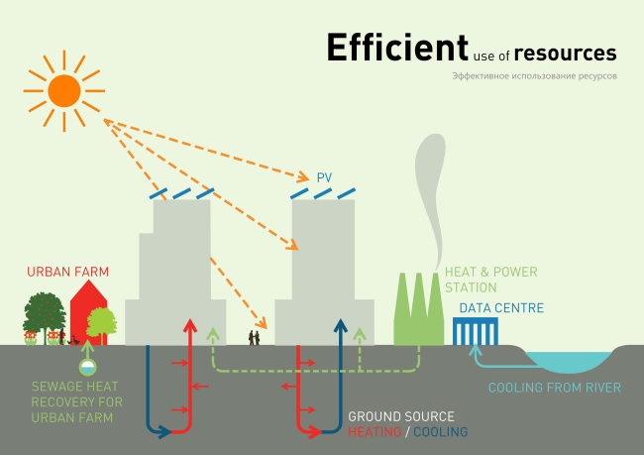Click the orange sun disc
click(64, 90)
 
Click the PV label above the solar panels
click(324, 178)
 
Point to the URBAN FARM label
click(67, 271)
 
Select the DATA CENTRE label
click(499, 308)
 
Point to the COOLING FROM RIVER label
click(556, 388)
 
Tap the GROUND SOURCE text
click(401, 416)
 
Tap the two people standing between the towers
click(255, 337)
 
